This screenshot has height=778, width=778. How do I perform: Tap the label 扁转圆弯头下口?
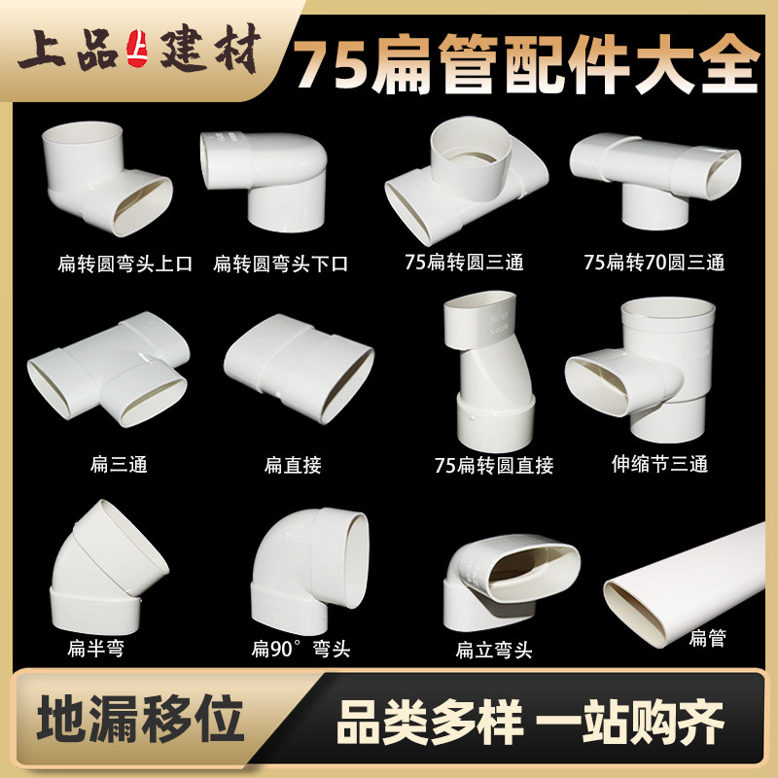tap(281, 264)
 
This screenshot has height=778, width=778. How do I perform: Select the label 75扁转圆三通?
tap(464, 263)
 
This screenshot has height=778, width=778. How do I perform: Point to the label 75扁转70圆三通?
tap(654, 263)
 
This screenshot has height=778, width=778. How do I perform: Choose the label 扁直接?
tap(293, 465)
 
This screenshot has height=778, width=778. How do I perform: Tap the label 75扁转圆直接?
tap(494, 466)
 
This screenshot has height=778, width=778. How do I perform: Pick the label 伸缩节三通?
tap(658, 464)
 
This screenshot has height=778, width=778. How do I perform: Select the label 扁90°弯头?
tap(301, 650)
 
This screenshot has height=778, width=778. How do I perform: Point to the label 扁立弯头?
tap(494, 650)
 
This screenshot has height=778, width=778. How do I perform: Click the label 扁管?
tap(708, 639)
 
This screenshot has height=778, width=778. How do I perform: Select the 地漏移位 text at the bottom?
tap(137, 721)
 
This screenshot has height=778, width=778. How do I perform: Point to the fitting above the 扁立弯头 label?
tap(508, 581)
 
